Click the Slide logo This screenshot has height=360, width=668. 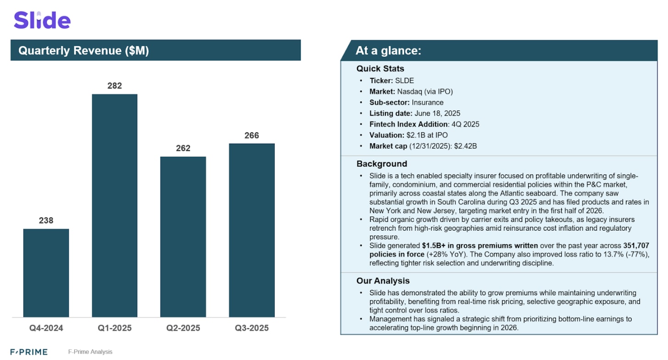tap(42, 21)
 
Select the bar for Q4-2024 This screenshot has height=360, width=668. tap(46, 272)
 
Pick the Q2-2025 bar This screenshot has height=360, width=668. tap(183, 237)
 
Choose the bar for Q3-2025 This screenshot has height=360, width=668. tap(252, 230)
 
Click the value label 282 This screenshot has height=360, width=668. tap(115, 85)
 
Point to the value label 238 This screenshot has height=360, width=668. tap(46, 220)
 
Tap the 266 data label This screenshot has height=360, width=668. tap(252, 135)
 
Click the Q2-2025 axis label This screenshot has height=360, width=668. tap(183, 328)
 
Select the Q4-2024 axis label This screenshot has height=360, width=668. tap(46, 328)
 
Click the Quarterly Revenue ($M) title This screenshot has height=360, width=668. tap(83, 50)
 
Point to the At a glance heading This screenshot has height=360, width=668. tap(388, 50)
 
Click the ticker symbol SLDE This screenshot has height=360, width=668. tap(404, 81)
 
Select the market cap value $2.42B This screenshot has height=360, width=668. tap(468, 146)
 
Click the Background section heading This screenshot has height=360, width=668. tap(382, 164)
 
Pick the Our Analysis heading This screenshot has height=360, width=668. tap(383, 281)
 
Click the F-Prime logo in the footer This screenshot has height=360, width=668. tap(29, 352)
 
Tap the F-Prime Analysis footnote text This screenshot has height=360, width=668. tap(90, 352)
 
